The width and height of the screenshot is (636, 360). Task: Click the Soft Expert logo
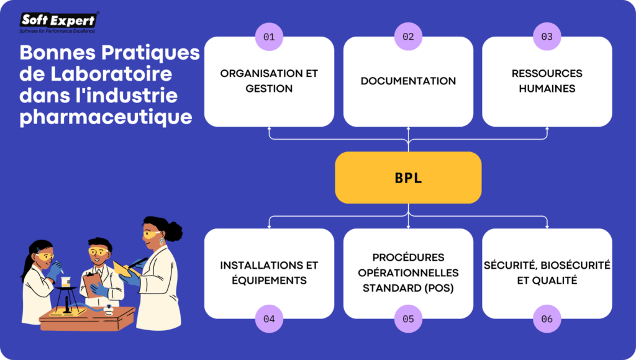coord(59,22)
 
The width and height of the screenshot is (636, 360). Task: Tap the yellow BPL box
coord(408,178)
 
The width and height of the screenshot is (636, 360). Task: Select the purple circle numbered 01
coord(269,37)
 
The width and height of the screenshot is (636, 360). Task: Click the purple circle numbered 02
coord(408,37)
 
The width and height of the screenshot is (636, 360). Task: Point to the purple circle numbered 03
coord(547,37)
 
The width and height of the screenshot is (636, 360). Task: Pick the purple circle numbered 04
coord(269,319)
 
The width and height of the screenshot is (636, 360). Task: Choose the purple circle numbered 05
coord(408,319)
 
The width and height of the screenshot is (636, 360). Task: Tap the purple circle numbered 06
coord(547,319)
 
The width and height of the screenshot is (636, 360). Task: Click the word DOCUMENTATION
coord(408,81)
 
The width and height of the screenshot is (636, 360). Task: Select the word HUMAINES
coord(547,89)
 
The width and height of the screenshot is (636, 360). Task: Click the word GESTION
coord(269,89)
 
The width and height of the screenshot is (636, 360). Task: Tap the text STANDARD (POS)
coord(408,288)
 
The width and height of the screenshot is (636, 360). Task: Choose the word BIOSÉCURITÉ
coord(571,265)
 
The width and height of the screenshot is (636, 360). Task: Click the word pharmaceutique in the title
coord(106,117)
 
